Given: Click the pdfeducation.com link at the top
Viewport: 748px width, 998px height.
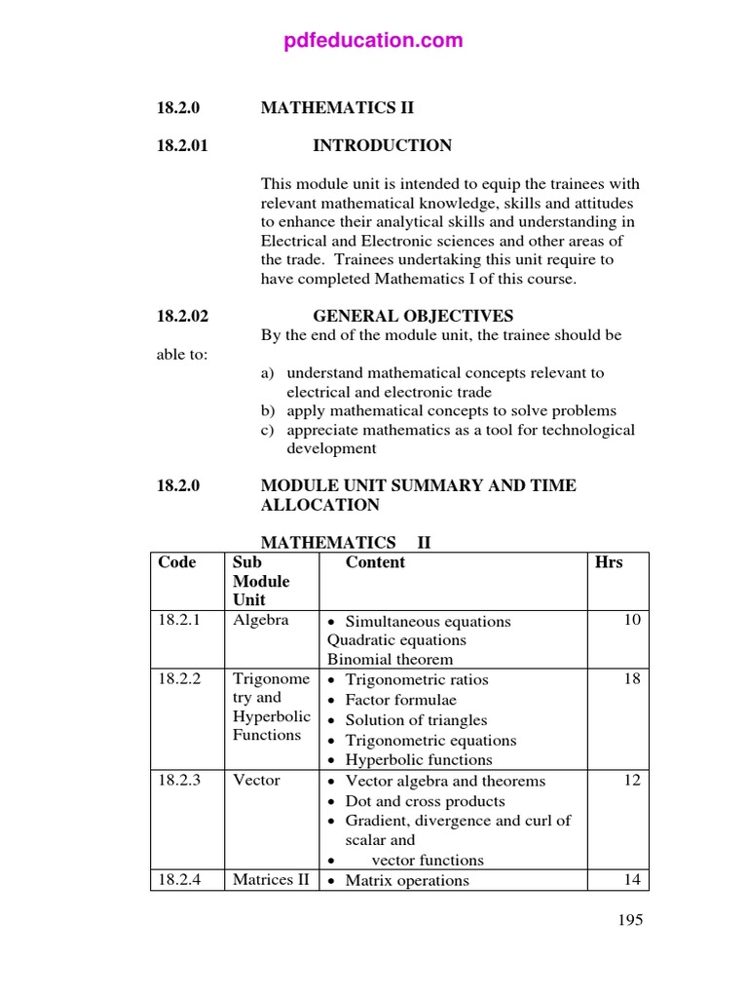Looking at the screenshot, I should coord(374,41).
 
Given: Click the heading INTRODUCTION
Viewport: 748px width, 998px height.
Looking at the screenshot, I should coord(382,146).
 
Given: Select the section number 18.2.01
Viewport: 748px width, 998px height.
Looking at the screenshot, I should coord(183,146).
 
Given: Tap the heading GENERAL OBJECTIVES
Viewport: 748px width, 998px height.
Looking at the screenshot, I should coord(413,316).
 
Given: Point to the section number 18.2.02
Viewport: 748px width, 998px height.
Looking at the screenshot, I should coord(183,316).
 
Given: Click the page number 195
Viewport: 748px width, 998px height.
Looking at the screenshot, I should coord(630,920).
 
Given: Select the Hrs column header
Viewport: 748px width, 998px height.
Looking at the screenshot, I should coord(609,562).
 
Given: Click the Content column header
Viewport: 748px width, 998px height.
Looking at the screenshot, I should coord(375,562).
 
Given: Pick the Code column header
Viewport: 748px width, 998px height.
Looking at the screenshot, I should coord(176,562).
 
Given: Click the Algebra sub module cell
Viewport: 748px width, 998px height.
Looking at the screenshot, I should coord(260,621).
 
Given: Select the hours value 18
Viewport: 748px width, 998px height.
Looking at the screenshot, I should coord(632,679).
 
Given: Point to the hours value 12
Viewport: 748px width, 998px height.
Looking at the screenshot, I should coord(632,781).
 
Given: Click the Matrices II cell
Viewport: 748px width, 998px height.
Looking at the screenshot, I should coord(271,880).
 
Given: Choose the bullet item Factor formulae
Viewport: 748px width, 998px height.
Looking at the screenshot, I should coord(400,700).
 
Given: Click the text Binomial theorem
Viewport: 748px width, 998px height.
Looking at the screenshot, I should coord(390,659).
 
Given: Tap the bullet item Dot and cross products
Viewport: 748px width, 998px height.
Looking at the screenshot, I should coord(425,801).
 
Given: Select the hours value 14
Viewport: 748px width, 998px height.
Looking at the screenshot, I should coord(632,880).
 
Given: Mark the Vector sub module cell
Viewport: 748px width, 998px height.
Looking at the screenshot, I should coord(256,781).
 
